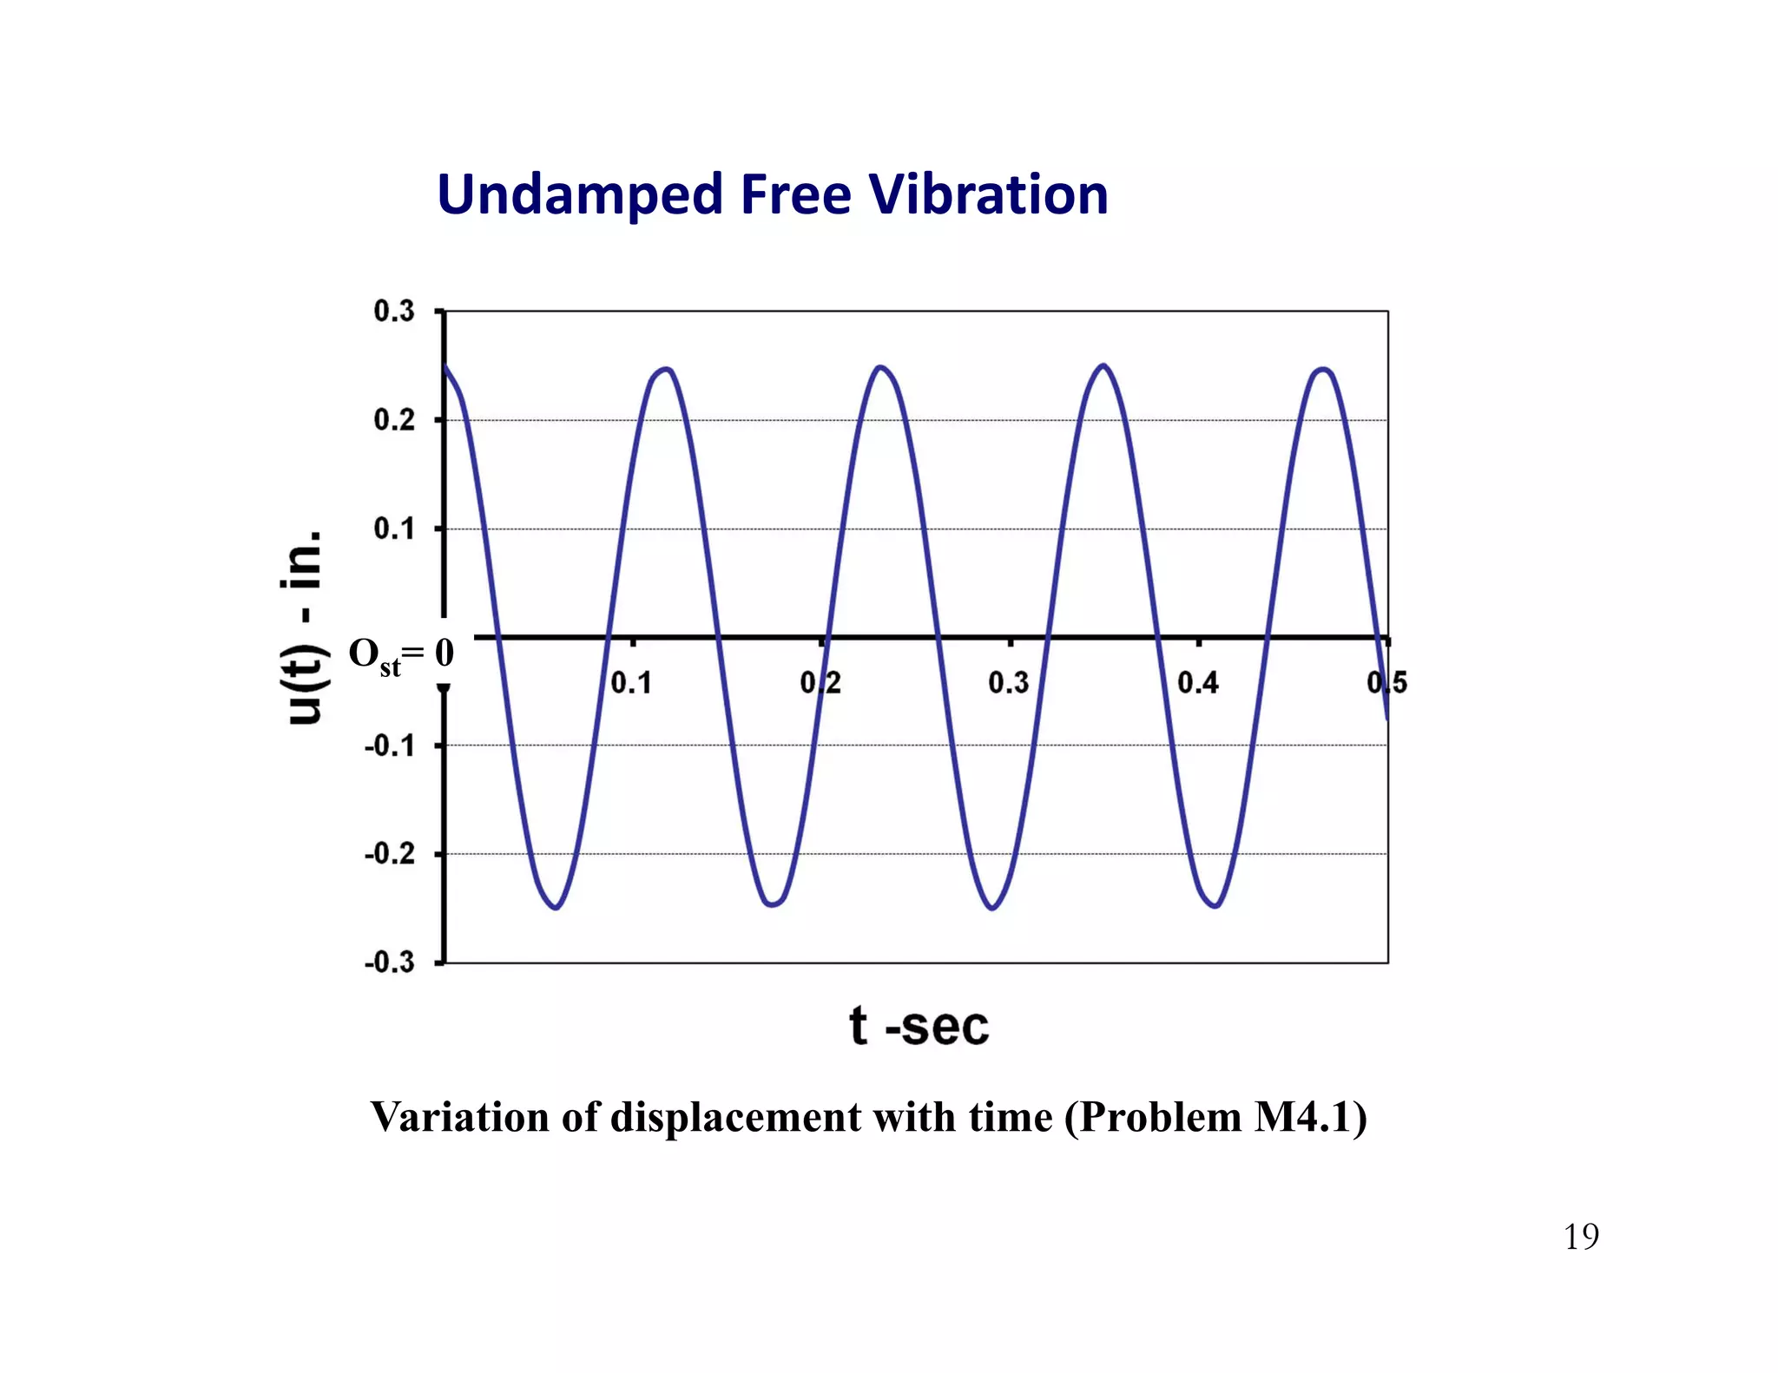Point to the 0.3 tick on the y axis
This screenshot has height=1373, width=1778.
(394, 311)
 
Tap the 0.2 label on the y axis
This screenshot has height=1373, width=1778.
(394, 420)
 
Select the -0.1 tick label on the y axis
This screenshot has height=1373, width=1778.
(389, 746)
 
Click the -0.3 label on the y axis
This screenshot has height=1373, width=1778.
(389, 962)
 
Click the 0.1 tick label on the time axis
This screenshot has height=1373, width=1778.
(631, 683)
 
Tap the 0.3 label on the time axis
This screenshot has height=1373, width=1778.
(1009, 683)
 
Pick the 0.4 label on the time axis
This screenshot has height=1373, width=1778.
(1198, 683)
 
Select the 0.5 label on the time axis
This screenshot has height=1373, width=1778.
(1386, 683)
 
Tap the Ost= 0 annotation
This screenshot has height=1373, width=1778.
(400, 654)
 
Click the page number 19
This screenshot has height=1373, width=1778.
(1581, 1237)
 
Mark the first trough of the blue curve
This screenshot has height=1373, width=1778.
(556, 908)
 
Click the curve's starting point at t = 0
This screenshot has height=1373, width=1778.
(445, 365)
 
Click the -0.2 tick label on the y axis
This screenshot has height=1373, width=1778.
(389, 854)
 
